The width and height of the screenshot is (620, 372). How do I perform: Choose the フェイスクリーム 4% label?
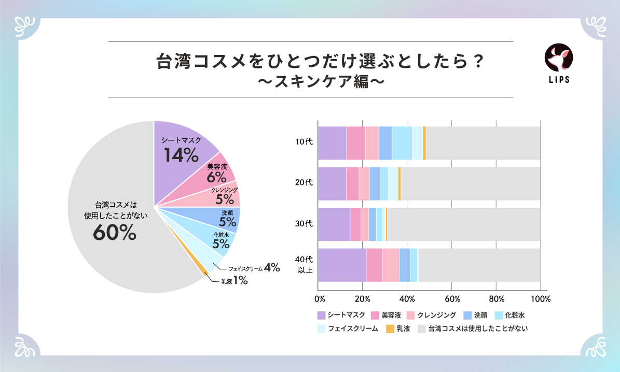click(254, 268)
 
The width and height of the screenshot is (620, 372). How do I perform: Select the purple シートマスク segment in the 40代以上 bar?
click(341, 265)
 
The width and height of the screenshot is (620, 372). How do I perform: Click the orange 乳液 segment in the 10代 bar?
click(424, 143)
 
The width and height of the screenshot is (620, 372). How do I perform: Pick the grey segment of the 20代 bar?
click(470, 183)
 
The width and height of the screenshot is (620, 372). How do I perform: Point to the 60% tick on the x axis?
click(452, 299)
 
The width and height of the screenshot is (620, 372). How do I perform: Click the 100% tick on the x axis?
click(540, 299)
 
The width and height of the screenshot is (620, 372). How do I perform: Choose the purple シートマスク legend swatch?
click(321, 315)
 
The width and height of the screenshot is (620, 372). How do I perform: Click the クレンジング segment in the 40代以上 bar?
click(391, 265)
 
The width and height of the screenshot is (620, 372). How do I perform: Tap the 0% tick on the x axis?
click(320, 299)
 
